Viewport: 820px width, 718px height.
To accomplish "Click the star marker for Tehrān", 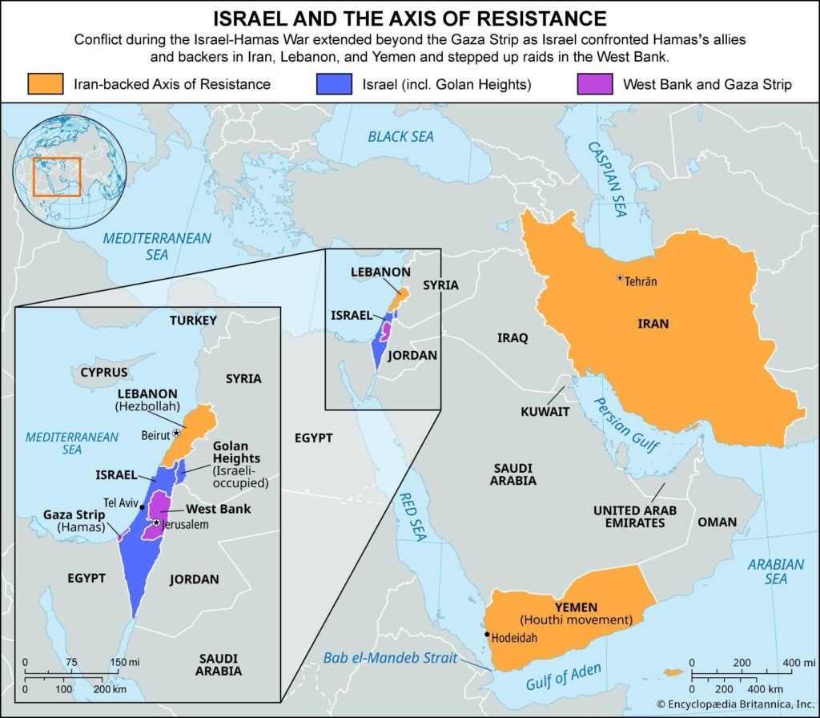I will (619, 278).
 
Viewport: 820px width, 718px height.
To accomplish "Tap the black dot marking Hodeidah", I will (486, 635).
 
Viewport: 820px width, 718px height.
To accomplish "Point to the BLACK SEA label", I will (400, 136).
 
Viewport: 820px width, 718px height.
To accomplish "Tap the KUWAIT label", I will (545, 411).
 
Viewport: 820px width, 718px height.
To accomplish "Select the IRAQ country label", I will (512, 337).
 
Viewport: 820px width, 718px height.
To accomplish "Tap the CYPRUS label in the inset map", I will (104, 373).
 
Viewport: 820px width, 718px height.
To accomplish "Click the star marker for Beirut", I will (176, 432).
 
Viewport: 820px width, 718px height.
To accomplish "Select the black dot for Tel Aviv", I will (143, 507).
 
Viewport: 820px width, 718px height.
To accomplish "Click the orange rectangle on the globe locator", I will (57, 177).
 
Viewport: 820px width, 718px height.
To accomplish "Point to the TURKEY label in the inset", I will (193, 321).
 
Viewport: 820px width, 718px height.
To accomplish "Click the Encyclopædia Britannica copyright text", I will (734, 704).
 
